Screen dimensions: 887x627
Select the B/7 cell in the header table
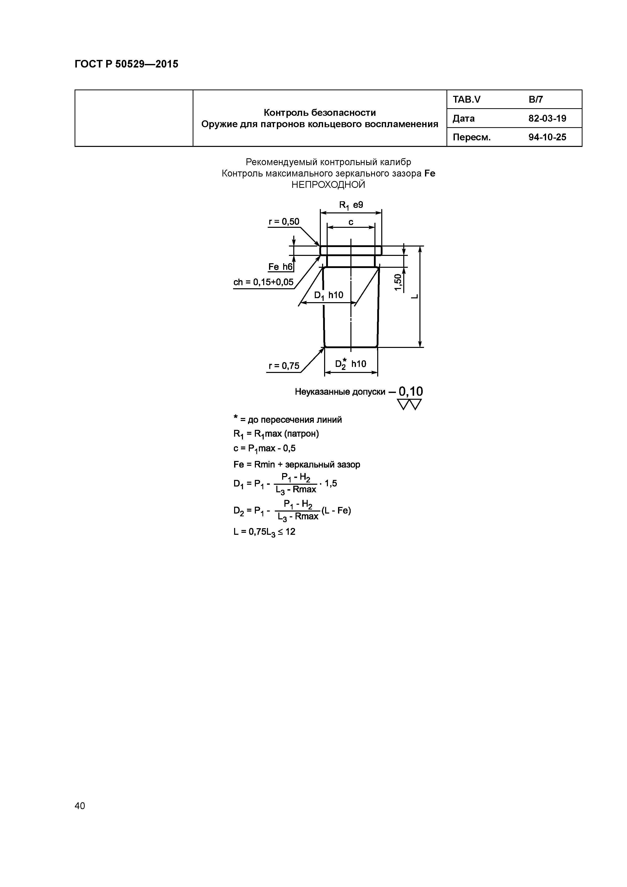(535, 100)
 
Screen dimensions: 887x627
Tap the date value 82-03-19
(547, 118)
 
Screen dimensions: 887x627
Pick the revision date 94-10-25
(547, 137)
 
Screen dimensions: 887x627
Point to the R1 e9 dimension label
(351, 205)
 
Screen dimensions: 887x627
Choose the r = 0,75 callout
(284, 365)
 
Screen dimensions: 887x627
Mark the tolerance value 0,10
(410, 392)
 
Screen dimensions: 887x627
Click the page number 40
(80, 806)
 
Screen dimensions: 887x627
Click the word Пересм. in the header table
(471, 137)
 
